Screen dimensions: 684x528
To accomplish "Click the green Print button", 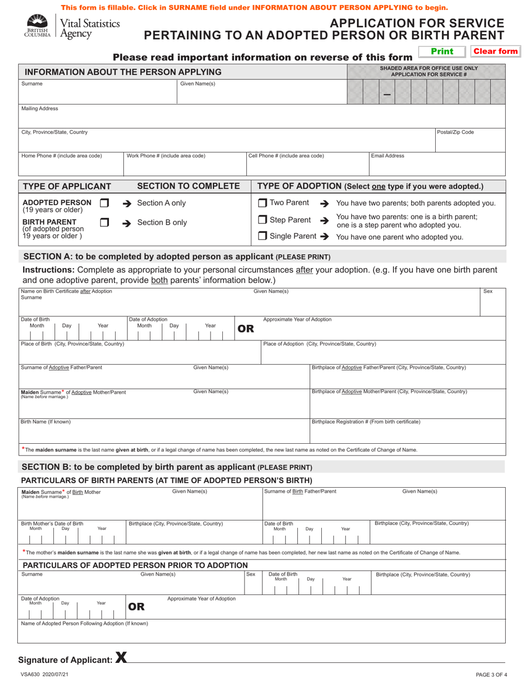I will tap(442, 52).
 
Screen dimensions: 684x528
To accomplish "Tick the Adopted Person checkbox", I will tap(104, 203).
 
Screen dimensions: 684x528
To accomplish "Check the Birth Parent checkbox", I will tap(104, 222).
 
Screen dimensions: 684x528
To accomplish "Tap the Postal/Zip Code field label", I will tap(455, 132).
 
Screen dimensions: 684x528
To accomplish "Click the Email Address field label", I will tap(387, 156).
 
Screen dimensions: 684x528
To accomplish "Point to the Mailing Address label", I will tap(39, 108).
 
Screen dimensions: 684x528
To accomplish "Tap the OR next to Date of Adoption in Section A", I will tap(246, 329).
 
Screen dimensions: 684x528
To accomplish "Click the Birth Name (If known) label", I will tap(46, 422).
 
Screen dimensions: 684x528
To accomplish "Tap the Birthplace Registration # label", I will tap(366, 422).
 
